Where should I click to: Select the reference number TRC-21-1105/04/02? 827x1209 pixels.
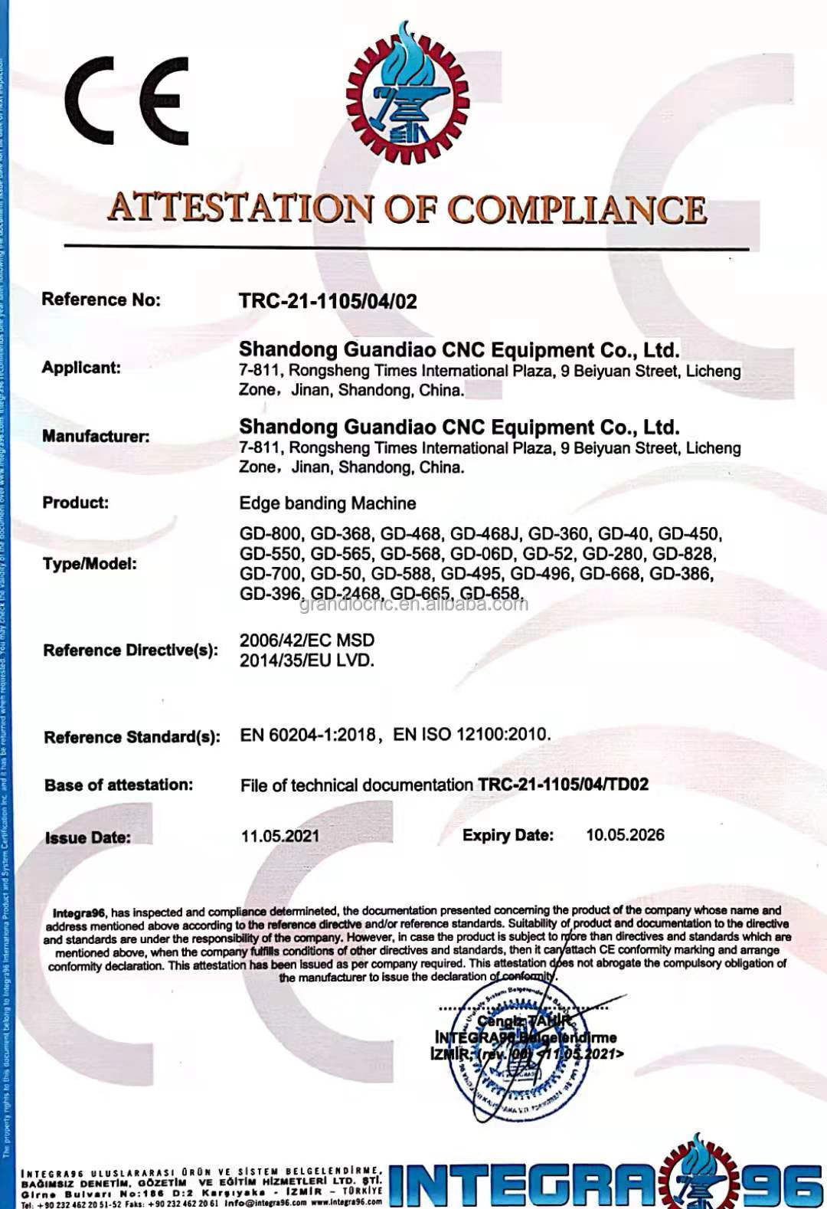(328, 301)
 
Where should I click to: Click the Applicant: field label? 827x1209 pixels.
(81, 368)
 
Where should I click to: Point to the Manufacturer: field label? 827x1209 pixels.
(96, 437)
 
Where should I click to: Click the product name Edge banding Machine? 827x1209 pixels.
(328, 503)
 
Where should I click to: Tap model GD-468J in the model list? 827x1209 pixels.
(485, 534)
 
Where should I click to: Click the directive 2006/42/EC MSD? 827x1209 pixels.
(307, 641)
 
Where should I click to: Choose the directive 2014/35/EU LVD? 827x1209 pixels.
(307, 660)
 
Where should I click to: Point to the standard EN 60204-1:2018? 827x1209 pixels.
(308, 735)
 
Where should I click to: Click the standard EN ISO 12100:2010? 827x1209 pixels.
(471, 734)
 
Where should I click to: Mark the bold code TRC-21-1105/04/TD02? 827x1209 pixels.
(563, 785)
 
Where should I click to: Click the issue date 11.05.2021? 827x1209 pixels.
(280, 836)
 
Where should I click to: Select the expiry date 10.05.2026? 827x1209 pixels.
(625, 835)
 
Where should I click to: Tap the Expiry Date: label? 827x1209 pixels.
(507, 835)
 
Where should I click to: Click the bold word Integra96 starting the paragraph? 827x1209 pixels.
(79, 912)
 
